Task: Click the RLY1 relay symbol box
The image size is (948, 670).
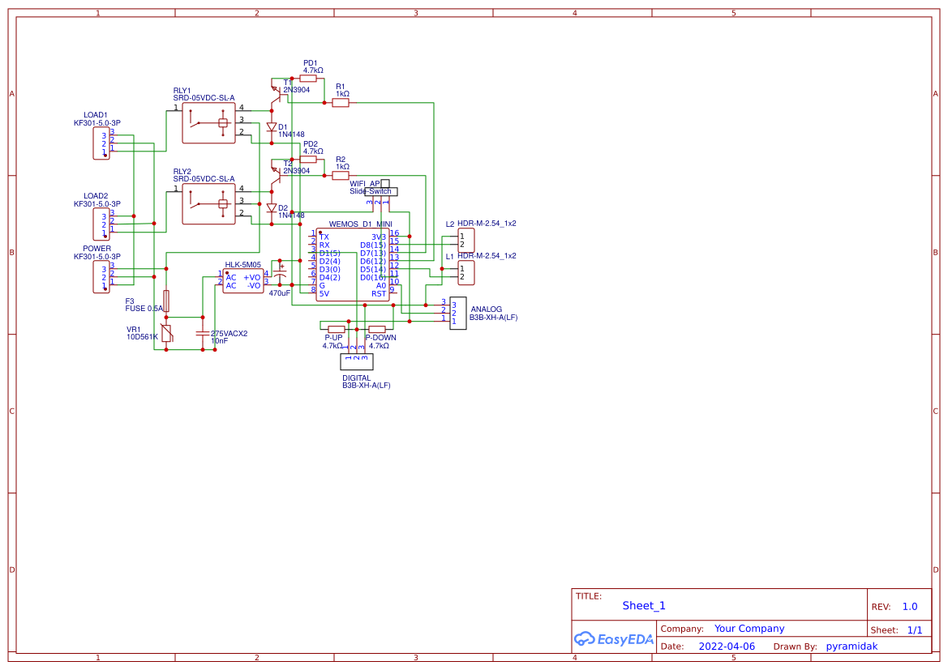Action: (x=208, y=122)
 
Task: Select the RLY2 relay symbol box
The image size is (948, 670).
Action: (x=208, y=203)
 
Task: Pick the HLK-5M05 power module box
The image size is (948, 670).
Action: (x=243, y=280)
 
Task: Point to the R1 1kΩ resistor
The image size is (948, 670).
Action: (x=341, y=103)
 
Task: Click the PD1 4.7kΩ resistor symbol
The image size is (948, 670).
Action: (x=308, y=79)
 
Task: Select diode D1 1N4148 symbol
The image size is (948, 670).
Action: (x=272, y=127)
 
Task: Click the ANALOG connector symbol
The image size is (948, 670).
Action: (x=458, y=312)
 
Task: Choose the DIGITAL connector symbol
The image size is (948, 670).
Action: (x=356, y=361)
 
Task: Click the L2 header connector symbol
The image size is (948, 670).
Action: (x=466, y=240)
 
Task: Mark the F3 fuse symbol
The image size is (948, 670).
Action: (x=166, y=301)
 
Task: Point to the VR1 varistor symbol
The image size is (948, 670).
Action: (x=166, y=333)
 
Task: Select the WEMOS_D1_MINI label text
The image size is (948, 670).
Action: (x=360, y=224)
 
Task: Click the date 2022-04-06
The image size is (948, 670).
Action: (x=727, y=647)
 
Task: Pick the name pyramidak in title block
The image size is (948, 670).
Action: (x=851, y=647)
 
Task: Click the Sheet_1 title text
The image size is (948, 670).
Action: (x=644, y=605)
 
